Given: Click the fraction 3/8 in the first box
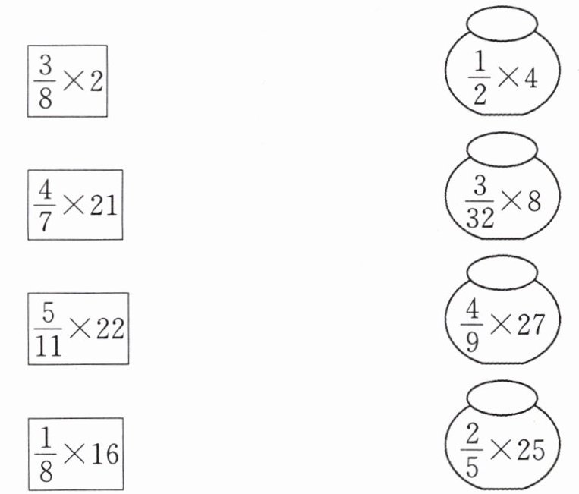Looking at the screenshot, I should pyautogui.click(x=46, y=80).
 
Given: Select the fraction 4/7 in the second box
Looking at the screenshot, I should pyautogui.click(x=45, y=205).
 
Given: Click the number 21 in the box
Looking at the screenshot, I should pyautogui.click(x=103, y=205).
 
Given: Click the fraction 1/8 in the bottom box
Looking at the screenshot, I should pyautogui.click(x=45, y=452).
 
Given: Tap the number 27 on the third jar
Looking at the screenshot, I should pyautogui.click(x=530, y=326).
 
